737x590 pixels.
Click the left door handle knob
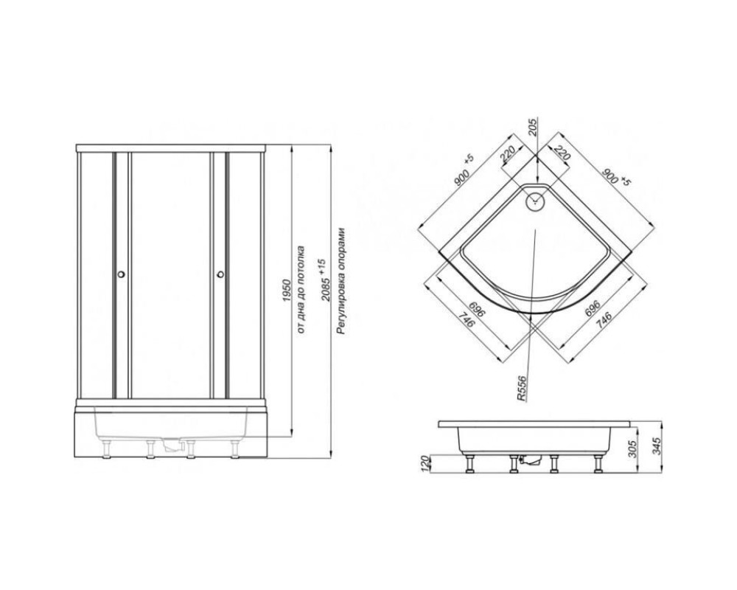tap(122, 274)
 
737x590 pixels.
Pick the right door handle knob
tap(220, 274)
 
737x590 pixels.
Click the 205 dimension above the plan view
tap(532, 126)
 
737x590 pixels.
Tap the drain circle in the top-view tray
tap(535, 201)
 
